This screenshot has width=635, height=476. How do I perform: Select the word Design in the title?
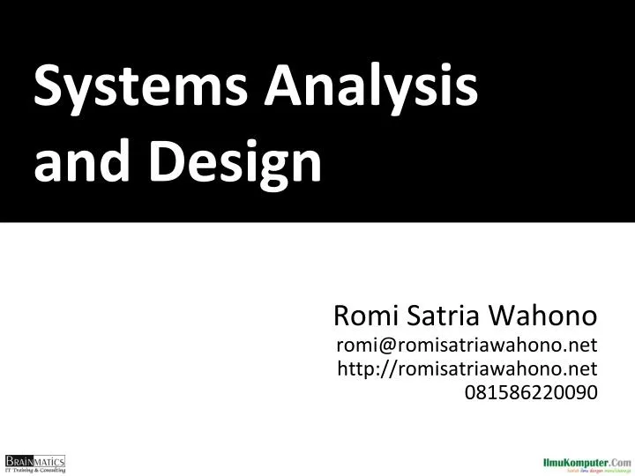241,165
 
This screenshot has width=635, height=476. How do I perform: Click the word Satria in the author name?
437,315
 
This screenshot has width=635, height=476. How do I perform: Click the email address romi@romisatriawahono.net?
467,344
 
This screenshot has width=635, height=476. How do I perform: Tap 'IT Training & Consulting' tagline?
35,470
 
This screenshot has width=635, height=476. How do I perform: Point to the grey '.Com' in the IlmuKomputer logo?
618,460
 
